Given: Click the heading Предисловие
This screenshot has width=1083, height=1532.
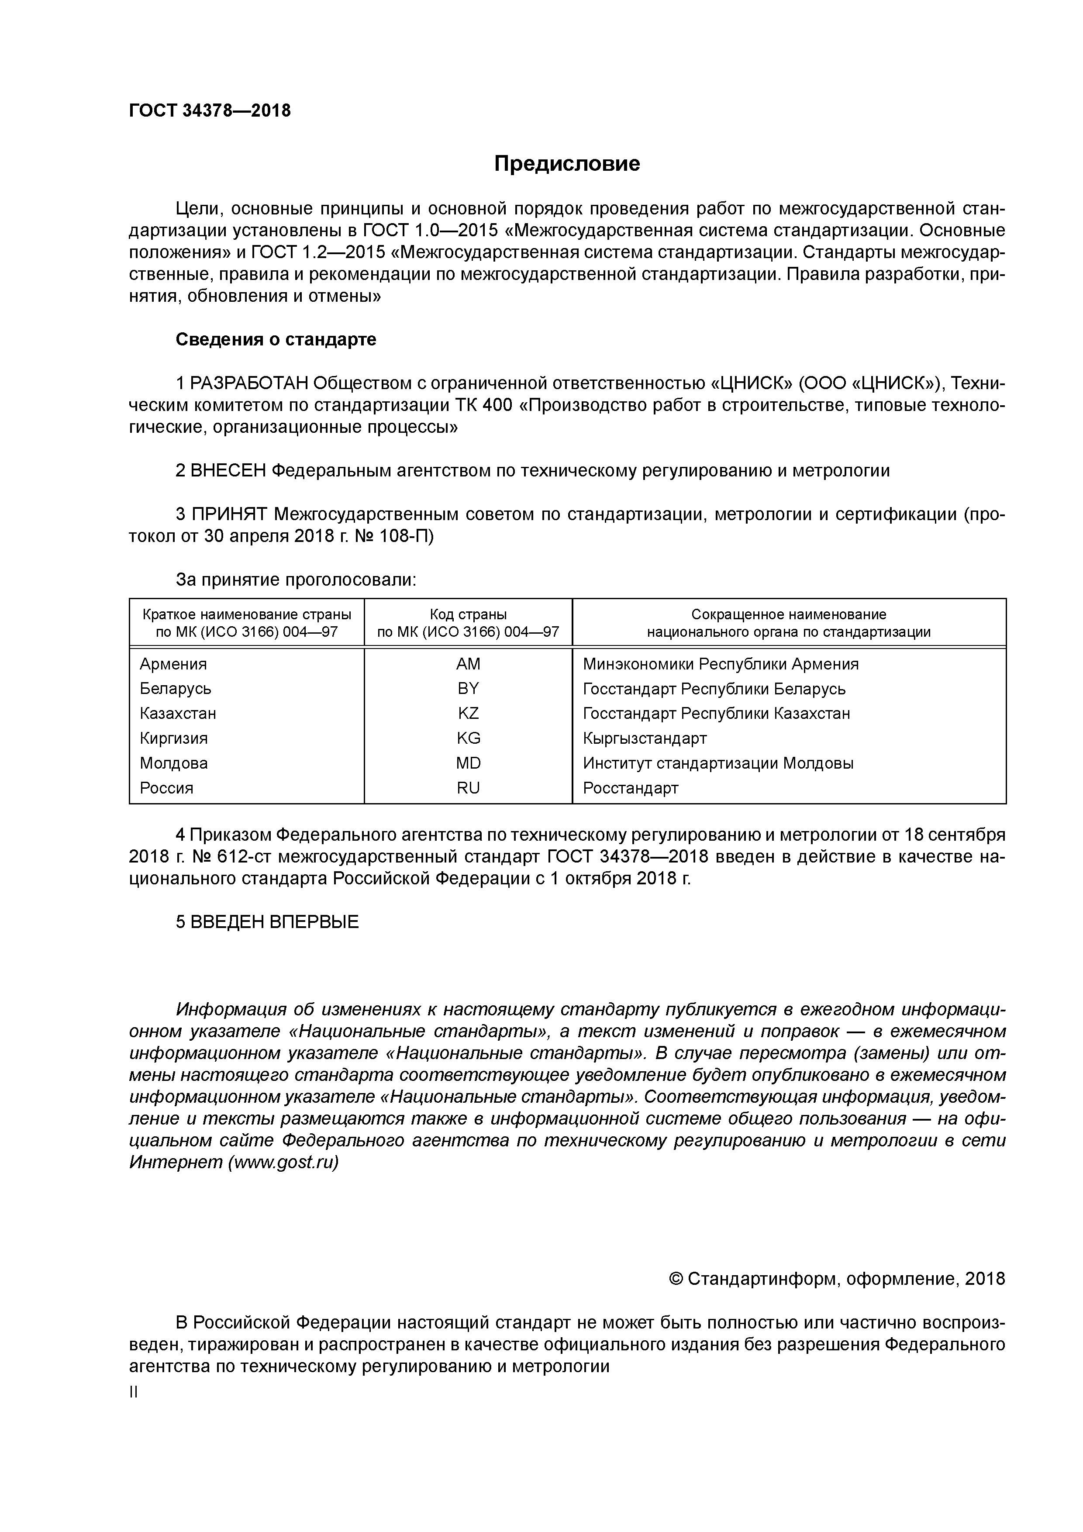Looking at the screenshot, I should click(566, 163).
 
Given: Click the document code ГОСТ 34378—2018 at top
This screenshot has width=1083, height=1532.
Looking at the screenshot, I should click(210, 111).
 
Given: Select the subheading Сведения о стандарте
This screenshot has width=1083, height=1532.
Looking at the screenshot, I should click(276, 340).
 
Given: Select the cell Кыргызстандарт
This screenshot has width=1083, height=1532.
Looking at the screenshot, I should click(644, 738).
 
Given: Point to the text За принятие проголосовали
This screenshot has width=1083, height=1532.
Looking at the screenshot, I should click(296, 580).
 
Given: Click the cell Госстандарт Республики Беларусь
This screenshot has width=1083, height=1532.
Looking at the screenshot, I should click(714, 689).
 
